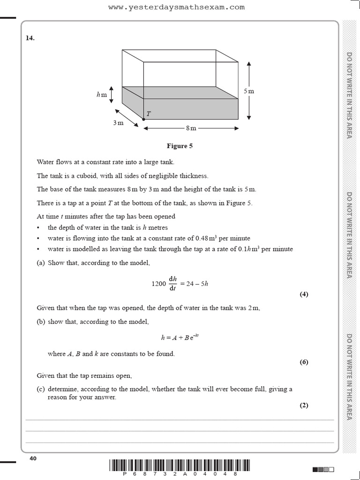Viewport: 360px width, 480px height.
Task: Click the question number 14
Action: pyautogui.click(x=30, y=38)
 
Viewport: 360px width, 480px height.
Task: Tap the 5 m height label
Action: pyautogui.click(x=249, y=91)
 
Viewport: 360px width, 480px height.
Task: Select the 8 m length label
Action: pyautogui.click(x=191, y=128)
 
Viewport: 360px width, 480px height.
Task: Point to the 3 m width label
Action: pyautogui.click(x=118, y=123)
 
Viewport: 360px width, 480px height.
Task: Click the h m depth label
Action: pyautogui.click(x=102, y=95)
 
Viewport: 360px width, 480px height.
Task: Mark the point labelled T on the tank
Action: pyautogui.click(x=143, y=120)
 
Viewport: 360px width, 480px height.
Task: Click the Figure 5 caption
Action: pyautogui.click(x=180, y=146)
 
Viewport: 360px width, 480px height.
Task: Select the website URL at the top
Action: pyautogui.click(x=176, y=7)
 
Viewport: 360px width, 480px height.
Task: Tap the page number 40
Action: pyautogui.click(x=33, y=458)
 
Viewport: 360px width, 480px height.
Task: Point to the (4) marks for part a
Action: pyautogui.click(x=304, y=294)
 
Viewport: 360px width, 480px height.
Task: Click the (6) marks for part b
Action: pyautogui.click(x=304, y=362)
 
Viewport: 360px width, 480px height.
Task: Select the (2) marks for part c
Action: pyautogui.click(x=304, y=405)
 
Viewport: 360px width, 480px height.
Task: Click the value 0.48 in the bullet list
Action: pyautogui.click(x=202, y=238)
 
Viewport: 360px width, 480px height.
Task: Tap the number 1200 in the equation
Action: pyautogui.click(x=159, y=284)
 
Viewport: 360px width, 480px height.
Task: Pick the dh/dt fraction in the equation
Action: pyautogui.click(x=172, y=284)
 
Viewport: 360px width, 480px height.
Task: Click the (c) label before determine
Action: pyautogui.click(x=41, y=389)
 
